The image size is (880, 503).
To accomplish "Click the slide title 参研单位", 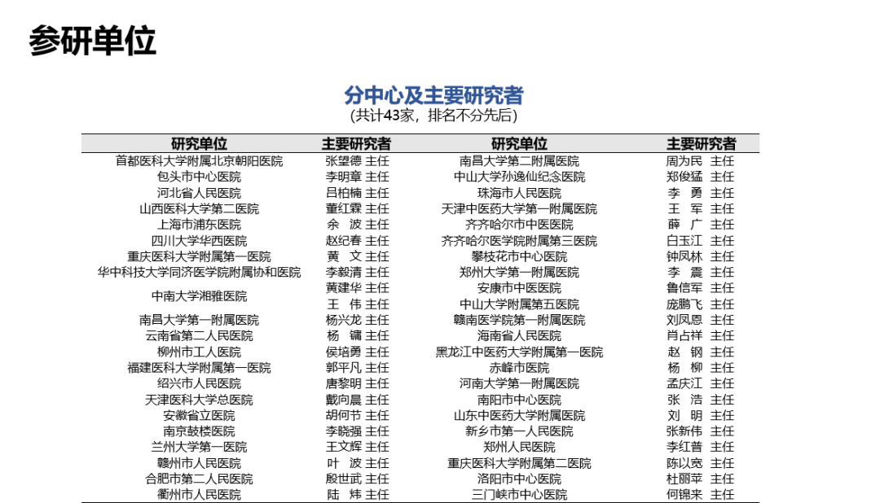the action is click(93, 41).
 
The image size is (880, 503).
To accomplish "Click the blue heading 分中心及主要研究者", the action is click(433, 95).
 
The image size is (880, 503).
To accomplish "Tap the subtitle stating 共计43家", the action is click(433, 116).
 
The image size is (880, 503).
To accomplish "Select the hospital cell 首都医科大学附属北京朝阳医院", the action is click(200, 161).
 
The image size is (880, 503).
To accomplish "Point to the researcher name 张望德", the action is click(344, 161).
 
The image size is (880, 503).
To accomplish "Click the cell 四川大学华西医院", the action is click(200, 241).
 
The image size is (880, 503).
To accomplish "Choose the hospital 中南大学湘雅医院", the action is click(200, 296).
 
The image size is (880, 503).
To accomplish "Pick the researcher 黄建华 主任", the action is click(357, 288).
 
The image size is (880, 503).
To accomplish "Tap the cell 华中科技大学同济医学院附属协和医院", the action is click(200, 273).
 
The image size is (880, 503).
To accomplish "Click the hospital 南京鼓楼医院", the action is click(200, 431).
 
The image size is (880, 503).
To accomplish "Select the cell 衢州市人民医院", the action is click(200, 495).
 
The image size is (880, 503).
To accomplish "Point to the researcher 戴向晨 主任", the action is click(357, 400).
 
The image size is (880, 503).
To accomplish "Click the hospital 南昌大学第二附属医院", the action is click(519, 161).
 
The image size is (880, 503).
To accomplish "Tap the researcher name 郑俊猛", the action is click(684, 177).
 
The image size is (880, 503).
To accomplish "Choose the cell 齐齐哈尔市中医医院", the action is click(519, 225).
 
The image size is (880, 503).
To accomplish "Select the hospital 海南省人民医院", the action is click(519, 336).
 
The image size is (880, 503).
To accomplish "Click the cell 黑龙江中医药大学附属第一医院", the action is click(519, 352).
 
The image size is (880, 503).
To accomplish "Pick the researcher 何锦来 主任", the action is click(700, 495).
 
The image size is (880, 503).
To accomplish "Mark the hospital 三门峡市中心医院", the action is click(519, 495).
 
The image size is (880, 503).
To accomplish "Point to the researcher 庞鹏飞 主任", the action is click(700, 304).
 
